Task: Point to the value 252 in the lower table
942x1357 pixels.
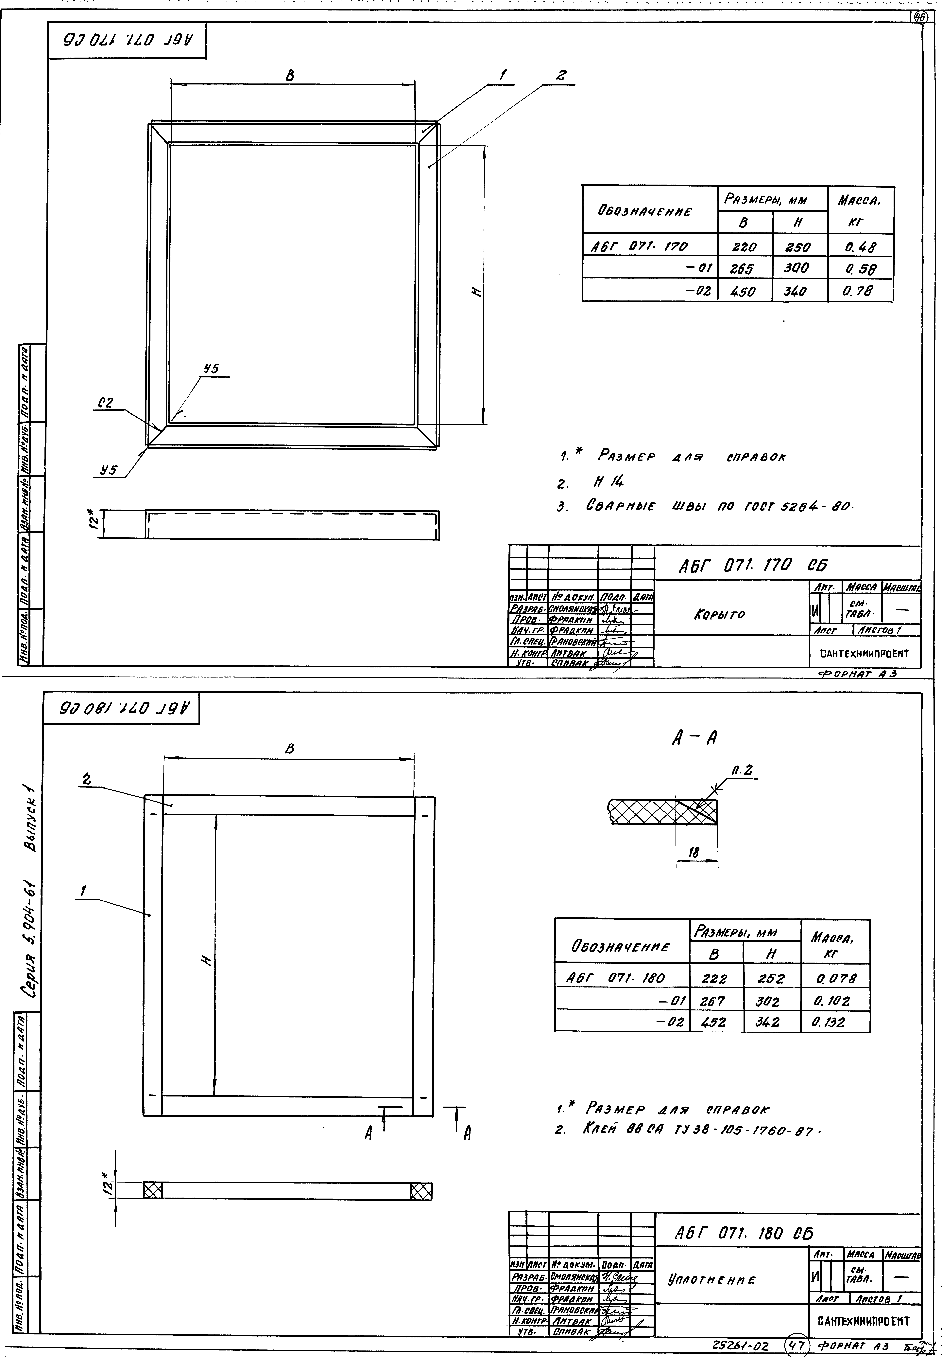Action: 771,978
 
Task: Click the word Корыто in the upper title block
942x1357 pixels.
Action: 719,614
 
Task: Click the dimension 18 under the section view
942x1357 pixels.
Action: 694,853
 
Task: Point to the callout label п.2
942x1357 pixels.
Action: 741,770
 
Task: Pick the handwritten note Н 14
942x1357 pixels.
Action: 608,482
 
